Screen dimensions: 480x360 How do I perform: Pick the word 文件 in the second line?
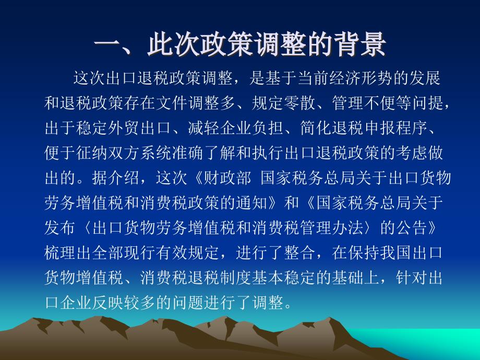[172, 103]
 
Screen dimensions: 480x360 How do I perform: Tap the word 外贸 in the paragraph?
[124, 128]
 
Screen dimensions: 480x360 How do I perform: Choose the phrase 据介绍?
[116, 178]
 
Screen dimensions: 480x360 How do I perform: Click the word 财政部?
[227, 178]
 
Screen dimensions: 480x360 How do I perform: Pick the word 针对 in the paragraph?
[412, 278]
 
